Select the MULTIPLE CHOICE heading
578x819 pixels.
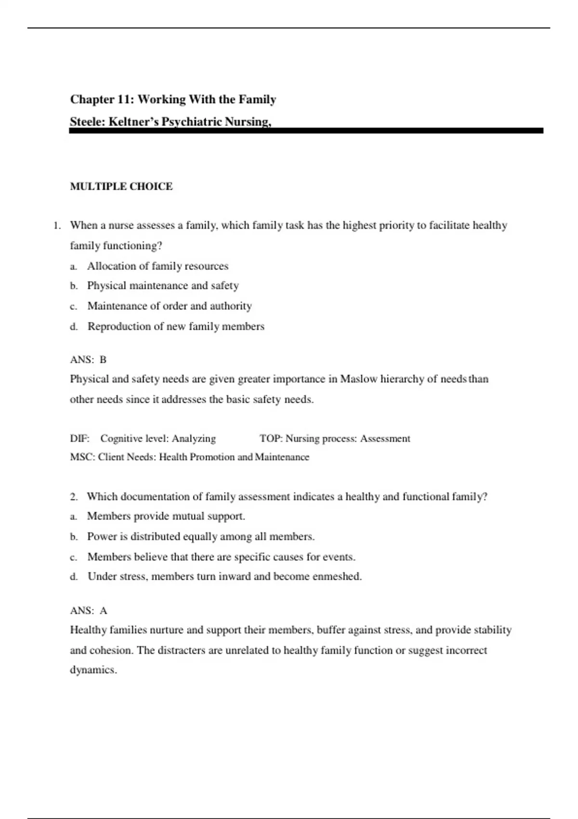121,186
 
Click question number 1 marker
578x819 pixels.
57,225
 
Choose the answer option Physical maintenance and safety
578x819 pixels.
163,286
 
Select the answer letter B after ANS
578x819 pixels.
103,359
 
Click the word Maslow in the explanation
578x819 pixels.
359,379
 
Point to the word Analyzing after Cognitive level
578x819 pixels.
194,438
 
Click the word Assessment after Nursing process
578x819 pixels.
385,438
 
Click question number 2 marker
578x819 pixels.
74,497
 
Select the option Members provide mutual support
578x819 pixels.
166,516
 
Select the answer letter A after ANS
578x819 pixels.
103,610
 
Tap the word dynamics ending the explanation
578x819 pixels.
93,670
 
